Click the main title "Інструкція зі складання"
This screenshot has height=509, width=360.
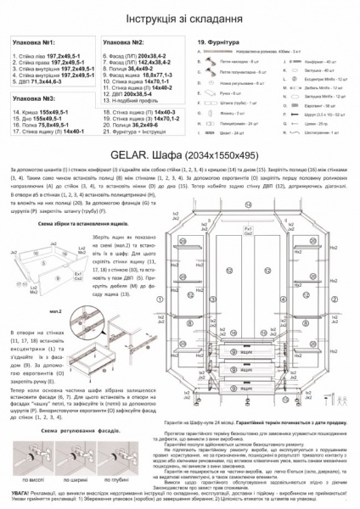(180, 17)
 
